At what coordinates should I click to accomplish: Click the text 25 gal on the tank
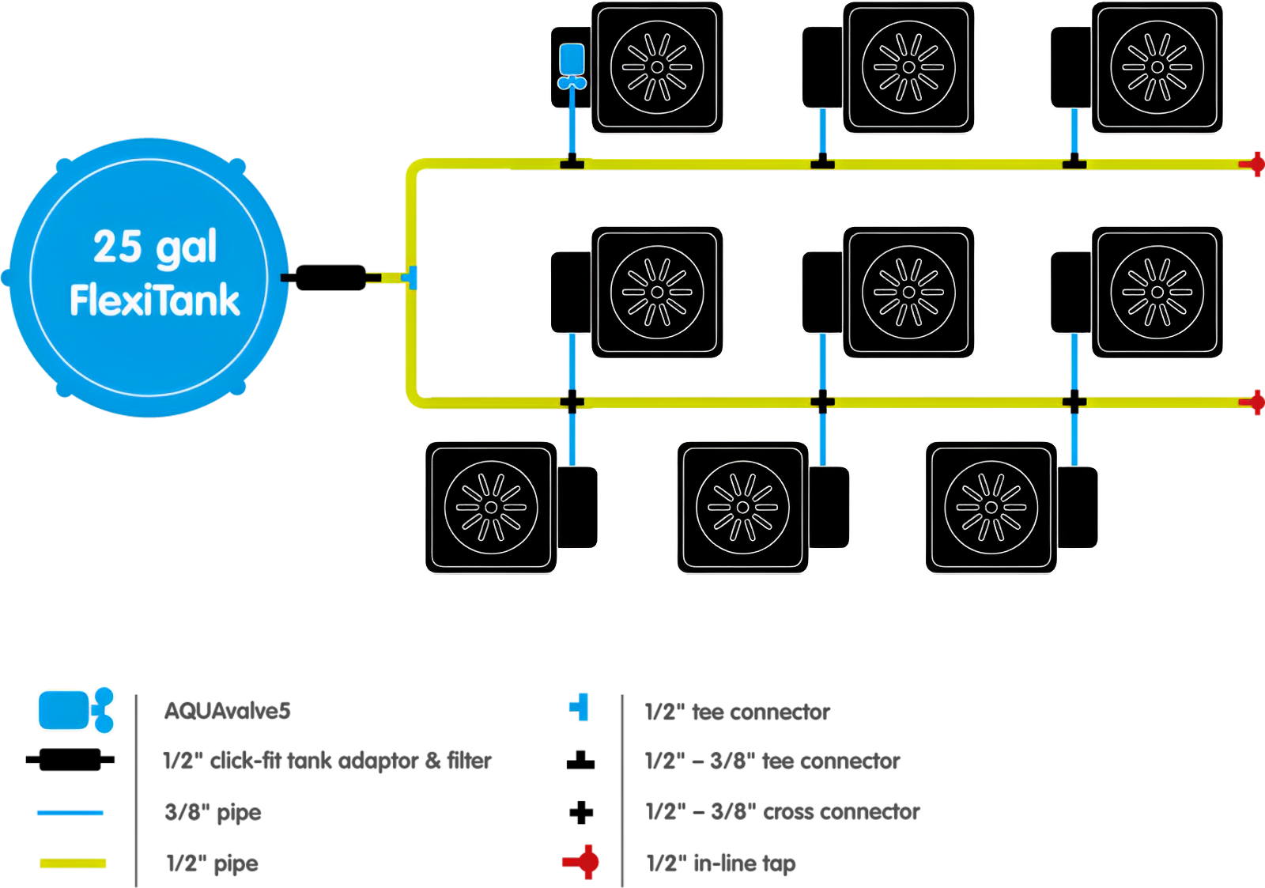[x=155, y=247]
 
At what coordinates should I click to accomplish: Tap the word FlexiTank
[x=155, y=300]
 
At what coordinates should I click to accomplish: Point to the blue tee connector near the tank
[x=410, y=278]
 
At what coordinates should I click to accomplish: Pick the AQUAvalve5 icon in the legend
[x=76, y=710]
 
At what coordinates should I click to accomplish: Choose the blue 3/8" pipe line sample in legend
[x=70, y=813]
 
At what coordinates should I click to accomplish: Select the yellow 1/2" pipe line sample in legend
[x=73, y=863]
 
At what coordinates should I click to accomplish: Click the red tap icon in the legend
[x=581, y=862]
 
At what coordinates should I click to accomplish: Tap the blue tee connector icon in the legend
[x=580, y=707]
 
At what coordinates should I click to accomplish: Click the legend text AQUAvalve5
[x=228, y=712]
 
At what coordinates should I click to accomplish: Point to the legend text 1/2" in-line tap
[x=721, y=863]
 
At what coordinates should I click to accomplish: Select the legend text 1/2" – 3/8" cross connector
[x=783, y=812]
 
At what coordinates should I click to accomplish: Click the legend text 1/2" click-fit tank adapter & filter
[x=327, y=761]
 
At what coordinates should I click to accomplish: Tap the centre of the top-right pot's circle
[x=1157, y=67]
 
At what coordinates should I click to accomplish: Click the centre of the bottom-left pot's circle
[x=491, y=507]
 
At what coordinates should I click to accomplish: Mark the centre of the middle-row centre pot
[x=908, y=293]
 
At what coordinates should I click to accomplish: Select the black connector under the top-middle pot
[x=822, y=164]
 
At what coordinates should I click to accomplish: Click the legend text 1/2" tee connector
[x=737, y=712]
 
